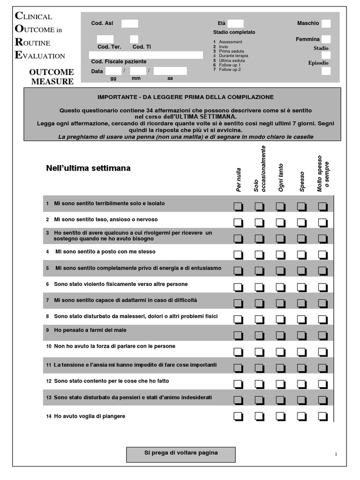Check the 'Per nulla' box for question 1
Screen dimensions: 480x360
(x=238, y=206)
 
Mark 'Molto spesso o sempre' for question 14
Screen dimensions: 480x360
(x=322, y=416)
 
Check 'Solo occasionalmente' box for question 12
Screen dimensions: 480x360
(x=259, y=383)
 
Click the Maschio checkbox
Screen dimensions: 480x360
(x=326, y=23)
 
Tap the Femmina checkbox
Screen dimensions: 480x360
(x=326, y=39)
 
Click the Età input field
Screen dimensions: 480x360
(x=236, y=23)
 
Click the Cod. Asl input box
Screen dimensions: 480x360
(x=130, y=23)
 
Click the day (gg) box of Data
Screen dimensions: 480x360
(x=113, y=71)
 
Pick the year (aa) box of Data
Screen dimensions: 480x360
(x=170, y=71)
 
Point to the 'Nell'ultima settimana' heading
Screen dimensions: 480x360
(x=89, y=168)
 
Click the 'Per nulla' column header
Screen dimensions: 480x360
(x=239, y=180)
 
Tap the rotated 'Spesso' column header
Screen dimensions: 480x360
(x=302, y=181)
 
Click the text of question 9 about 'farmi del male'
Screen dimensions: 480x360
(x=90, y=330)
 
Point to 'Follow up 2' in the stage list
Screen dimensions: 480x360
(x=230, y=69)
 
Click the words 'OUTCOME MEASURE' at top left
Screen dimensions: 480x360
(x=52, y=76)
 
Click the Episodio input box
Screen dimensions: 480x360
(x=326, y=71)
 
